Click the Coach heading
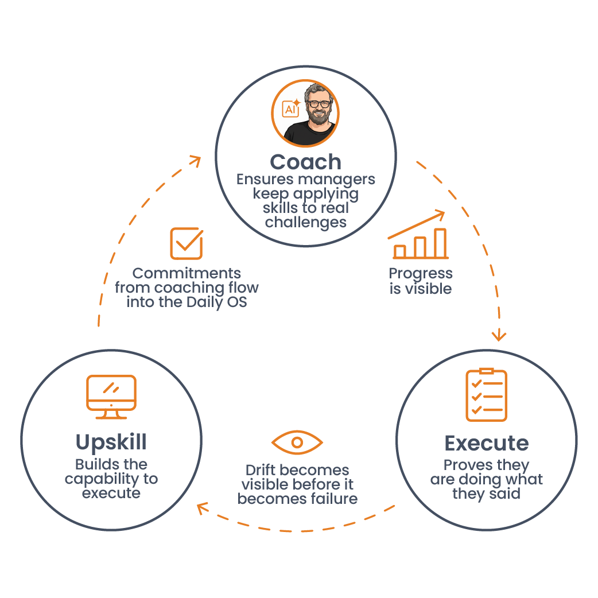[x=305, y=162]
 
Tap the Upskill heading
[x=111, y=442]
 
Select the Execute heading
[x=487, y=443]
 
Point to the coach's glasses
[x=319, y=104]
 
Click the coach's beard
[x=319, y=116]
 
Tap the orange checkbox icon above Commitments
[x=187, y=243]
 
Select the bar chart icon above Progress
[x=418, y=235]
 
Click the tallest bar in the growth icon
[x=440, y=243]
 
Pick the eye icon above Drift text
[x=297, y=442]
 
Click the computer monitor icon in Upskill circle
[x=111, y=397]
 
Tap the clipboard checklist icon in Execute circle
[x=486, y=395]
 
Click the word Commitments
[x=187, y=273]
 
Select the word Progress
[x=421, y=274]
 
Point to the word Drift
[x=259, y=470]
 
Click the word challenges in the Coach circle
[x=306, y=223]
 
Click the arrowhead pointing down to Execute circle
[x=499, y=335]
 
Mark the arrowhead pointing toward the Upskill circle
[x=203, y=508]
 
